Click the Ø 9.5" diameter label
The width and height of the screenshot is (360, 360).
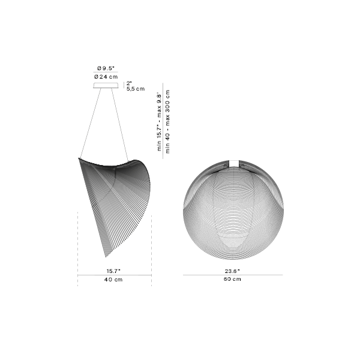pyautogui.click(x=106, y=68)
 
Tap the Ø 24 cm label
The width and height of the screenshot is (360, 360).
pyautogui.click(x=106, y=77)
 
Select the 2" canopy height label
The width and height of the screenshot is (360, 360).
pyautogui.click(x=129, y=83)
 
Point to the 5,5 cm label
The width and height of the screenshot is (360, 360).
pyautogui.click(x=136, y=89)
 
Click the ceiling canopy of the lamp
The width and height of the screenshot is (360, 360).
pyautogui.click(x=106, y=85)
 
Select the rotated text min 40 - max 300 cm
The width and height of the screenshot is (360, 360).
pyautogui.click(x=168, y=121)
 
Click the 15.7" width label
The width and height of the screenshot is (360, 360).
pyautogui.click(x=113, y=271)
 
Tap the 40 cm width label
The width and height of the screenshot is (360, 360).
pyautogui.click(x=113, y=280)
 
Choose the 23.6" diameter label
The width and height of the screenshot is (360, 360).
pyautogui.click(x=232, y=271)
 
